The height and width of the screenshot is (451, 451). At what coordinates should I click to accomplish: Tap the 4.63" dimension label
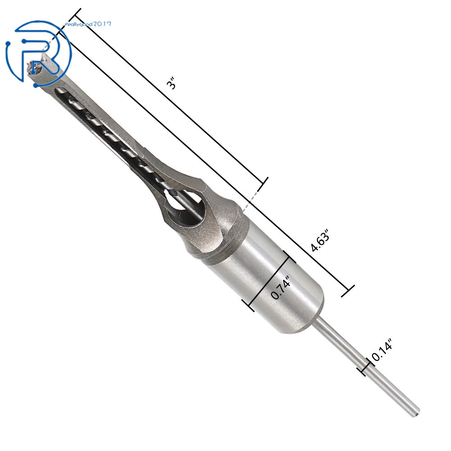pos(320,240)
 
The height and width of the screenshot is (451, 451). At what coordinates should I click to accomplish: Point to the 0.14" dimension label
pos(382,349)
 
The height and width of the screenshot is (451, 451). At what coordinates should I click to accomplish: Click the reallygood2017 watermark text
pos(88,24)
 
